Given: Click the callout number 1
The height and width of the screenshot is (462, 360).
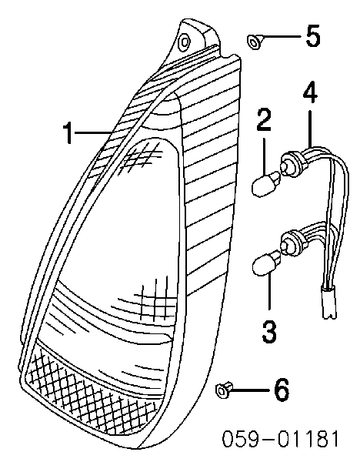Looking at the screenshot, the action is pos(68,133).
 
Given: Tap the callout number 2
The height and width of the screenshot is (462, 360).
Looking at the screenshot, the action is pos(263,119).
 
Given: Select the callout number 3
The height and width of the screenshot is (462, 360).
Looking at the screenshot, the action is pos(269,332).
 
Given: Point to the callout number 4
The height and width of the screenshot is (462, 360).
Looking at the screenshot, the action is pos(310,92).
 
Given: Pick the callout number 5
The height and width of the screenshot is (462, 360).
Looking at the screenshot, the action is pos(313,35).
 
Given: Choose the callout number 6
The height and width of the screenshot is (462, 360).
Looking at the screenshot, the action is pos(282,390).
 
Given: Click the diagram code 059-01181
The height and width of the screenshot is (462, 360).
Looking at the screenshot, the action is pos(280,439).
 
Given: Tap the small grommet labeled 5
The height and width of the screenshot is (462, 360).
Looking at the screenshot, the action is pos(254,42).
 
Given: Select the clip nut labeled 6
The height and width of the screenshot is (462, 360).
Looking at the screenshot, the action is pos(224,390).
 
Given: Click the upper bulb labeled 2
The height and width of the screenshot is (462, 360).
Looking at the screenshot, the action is pos(265,183).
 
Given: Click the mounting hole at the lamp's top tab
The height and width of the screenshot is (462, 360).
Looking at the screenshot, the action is pos(185,42).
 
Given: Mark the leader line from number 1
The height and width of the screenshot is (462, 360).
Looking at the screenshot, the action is pos(93,133).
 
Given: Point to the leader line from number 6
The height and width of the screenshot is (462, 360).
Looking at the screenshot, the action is pos(251,390).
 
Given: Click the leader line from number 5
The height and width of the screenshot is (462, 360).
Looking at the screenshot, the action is pos(282,37).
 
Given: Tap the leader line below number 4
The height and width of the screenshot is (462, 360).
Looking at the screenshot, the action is pos(310,128).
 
